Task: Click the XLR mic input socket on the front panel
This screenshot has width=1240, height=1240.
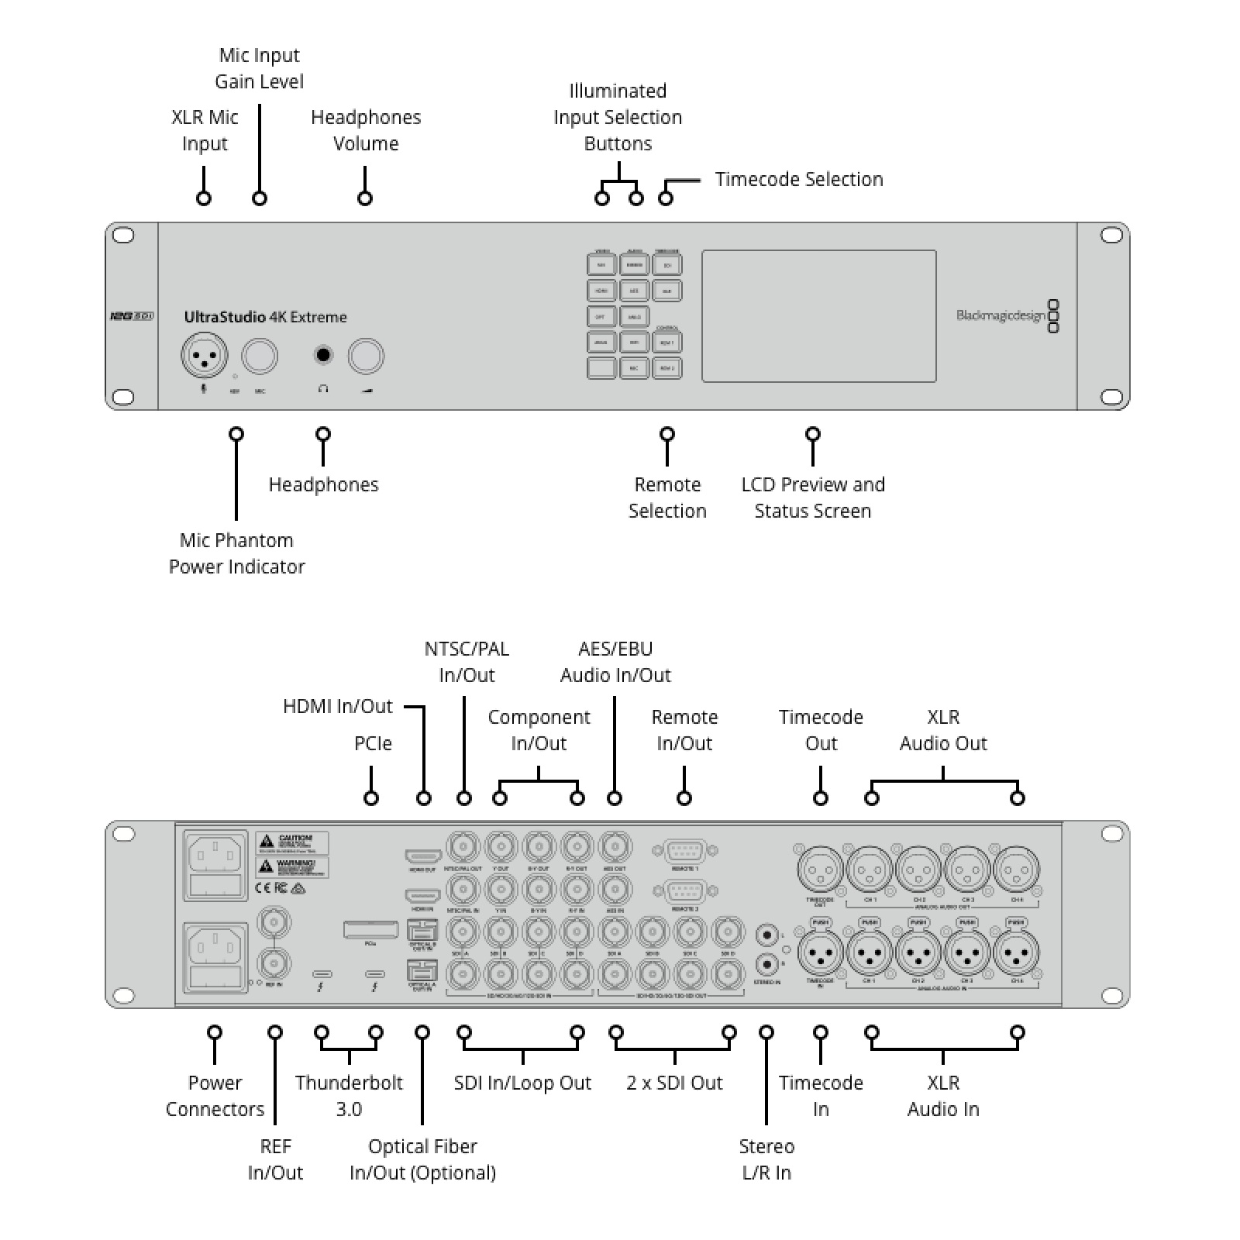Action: pos(205,356)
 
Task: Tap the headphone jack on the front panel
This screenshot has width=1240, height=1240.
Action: pos(323,355)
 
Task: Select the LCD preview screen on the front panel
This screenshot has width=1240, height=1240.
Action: pos(818,315)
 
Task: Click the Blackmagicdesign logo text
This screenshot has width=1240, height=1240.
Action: pos(1001,315)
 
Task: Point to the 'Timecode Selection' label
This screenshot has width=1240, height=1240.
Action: pos(798,179)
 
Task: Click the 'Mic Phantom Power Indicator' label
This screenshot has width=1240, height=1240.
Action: pos(236,553)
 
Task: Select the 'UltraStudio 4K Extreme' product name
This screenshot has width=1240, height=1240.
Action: pos(265,317)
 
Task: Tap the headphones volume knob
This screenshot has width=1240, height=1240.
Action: pos(366,356)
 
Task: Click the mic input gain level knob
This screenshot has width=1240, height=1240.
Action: pos(260,356)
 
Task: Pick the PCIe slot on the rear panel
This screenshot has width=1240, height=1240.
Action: pos(370,929)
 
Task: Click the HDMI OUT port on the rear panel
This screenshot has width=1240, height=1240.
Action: pos(423,856)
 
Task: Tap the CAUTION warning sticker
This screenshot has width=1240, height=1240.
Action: pos(292,842)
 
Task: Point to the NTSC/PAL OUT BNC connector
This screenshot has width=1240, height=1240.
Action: pos(463,847)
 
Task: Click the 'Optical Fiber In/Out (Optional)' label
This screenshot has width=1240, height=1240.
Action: pos(422,1159)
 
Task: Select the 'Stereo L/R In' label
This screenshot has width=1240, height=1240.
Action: pos(766,1159)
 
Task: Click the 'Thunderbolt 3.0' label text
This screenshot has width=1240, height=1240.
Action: pos(349,1096)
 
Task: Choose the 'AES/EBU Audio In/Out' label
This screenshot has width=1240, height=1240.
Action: pos(615,662)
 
